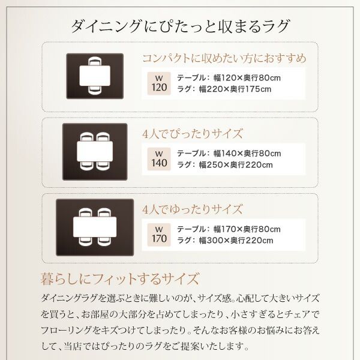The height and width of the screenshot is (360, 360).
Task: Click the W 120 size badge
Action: point(159,83)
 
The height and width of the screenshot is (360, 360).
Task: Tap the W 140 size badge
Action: point(159,159)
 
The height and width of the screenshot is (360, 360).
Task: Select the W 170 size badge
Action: point(159,235)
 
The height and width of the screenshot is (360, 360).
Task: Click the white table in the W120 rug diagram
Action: point(95,76)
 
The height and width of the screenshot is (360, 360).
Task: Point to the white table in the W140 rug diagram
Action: point(95,151)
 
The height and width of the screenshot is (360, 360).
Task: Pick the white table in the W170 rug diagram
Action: point(95,227)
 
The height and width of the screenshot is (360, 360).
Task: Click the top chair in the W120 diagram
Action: point(95,62)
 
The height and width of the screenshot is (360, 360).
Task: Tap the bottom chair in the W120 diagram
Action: point(95,90)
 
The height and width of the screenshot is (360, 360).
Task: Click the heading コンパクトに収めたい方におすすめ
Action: point(224,58)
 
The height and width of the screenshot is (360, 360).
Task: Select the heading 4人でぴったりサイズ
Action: point(193,134)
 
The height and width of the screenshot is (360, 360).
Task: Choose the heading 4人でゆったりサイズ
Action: point(193,209)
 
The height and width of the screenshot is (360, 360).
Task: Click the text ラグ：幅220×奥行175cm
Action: point(224,89)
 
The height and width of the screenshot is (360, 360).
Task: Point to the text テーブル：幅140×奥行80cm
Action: point(229,154)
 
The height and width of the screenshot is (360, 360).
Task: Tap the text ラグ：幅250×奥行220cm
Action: point(225,165)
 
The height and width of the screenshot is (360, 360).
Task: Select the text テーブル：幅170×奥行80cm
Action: point(229,229)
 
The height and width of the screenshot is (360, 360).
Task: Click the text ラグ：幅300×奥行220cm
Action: point(225,241)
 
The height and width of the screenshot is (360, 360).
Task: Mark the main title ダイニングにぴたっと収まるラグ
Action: point(180,26)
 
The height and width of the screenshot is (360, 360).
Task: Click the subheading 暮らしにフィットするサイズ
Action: point(119,279)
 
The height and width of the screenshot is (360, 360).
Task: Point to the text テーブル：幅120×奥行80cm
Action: point(229,78)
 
